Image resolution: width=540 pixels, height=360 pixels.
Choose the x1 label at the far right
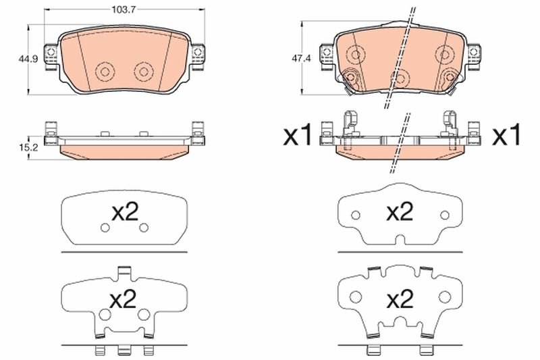click(x=507, y=137)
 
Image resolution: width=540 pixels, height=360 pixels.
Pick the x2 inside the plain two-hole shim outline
click(x=124, y=213)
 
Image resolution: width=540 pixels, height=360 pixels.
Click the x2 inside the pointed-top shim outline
click(x=399, y=213)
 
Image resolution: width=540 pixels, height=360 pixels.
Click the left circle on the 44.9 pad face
click(x=105, y=71)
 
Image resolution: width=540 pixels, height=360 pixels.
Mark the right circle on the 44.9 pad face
click(x=143, y=71)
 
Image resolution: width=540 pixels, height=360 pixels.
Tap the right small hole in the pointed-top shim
click(x=443, y=215)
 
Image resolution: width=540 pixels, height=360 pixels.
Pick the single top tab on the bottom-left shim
click(x=124, y=272)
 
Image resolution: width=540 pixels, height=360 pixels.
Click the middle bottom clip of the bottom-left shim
click(x=124, y=350)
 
